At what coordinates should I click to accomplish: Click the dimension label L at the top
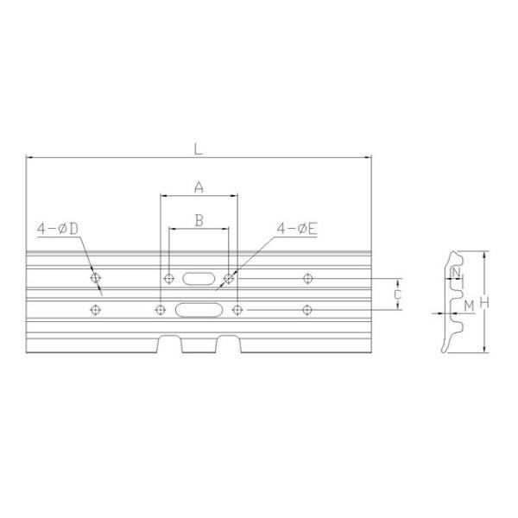coord(199,148)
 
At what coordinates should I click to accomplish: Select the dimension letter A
coord(199,186)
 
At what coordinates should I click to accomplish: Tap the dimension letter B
coord(199,220)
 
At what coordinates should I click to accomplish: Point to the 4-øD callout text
coord(58,229)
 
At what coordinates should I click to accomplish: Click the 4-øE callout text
coord(297,229)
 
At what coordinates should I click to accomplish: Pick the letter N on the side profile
coord(455,274)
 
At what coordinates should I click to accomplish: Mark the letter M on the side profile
coord(469,306)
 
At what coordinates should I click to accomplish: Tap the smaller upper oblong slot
coord(197,278)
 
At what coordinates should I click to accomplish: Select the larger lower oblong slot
coord(197,309)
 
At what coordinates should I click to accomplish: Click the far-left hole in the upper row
coord(96,278)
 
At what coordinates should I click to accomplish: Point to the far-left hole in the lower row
coord(95,309)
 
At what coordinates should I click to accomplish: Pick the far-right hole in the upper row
coord(308,278)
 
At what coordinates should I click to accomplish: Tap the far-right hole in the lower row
coord(308,309)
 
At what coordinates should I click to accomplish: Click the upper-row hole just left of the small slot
coord(167,278)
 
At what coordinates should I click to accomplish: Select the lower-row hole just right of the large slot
coord(237,309)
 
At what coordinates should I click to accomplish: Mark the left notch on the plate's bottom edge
coord(169,344)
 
